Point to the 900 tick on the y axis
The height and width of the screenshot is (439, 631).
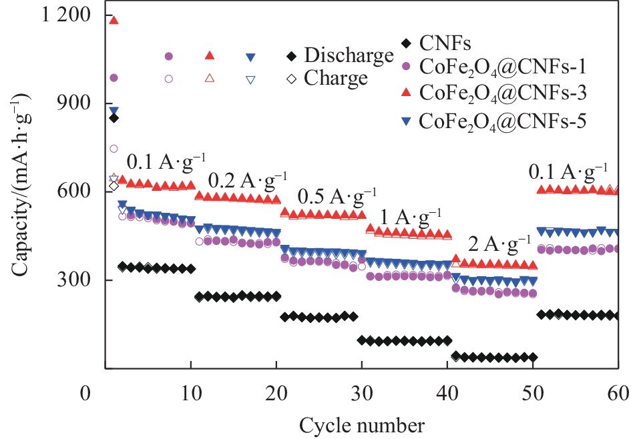click(x=74, y=103)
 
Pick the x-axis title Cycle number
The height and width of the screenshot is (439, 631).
click(x=361, y=425)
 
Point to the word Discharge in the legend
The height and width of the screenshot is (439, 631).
click(x=349, y=55)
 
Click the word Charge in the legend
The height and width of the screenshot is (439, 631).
click(x=336, y=78)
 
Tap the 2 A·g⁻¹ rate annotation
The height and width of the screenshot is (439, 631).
click(x=499, y=244)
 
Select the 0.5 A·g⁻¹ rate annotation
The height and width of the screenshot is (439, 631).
click(x=337, y=197)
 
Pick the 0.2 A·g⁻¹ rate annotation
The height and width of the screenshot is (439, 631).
click(x=248, y=181)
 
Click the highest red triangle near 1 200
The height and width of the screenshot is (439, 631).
click(x=114, y=20)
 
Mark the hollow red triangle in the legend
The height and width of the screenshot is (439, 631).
click(x=209, y=79)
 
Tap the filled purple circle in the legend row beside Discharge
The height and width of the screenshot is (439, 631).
click(x=169, y=56)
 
